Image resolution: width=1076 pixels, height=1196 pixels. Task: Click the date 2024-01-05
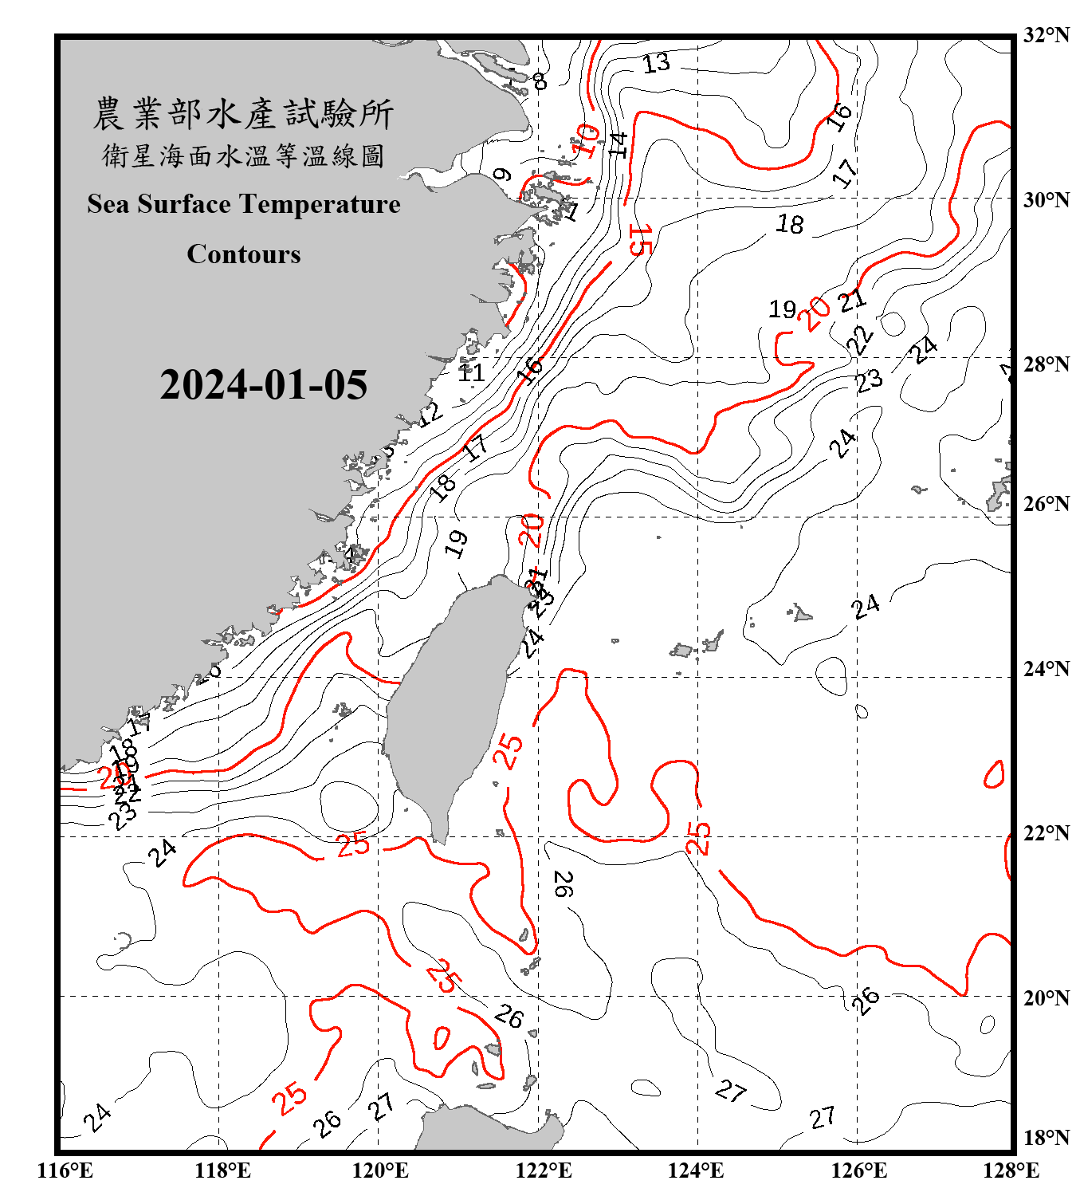(263, 385)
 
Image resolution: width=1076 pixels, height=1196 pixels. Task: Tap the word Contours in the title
(244, 254)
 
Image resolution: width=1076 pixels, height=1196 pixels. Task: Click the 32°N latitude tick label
(1046, 35)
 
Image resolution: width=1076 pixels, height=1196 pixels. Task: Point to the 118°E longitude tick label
(222, 1170)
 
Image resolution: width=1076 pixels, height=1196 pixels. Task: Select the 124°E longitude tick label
(696, 1170)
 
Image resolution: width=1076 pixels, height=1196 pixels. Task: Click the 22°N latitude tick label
(1046, 833)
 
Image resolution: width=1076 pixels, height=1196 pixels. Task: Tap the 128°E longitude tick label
(1011, 1170)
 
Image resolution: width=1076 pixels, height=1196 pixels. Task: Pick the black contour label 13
(656, 63)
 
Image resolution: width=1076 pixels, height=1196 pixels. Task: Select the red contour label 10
(587, 141)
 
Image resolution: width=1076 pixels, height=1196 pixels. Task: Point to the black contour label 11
(471, 372)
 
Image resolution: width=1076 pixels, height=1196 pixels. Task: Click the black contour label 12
(430, 414)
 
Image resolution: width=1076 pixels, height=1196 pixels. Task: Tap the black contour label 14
(618, 144)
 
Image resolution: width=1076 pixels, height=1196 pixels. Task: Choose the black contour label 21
(852, 301)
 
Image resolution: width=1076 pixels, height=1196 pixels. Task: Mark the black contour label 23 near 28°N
(869, 380)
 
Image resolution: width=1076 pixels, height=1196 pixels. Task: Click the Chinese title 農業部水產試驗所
(243, 114)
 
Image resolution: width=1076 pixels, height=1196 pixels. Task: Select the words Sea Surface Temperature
(244, 204)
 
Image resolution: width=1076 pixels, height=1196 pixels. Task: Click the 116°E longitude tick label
(65, 1170)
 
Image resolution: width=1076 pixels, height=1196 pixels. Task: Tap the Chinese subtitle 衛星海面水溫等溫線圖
(243, 155)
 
